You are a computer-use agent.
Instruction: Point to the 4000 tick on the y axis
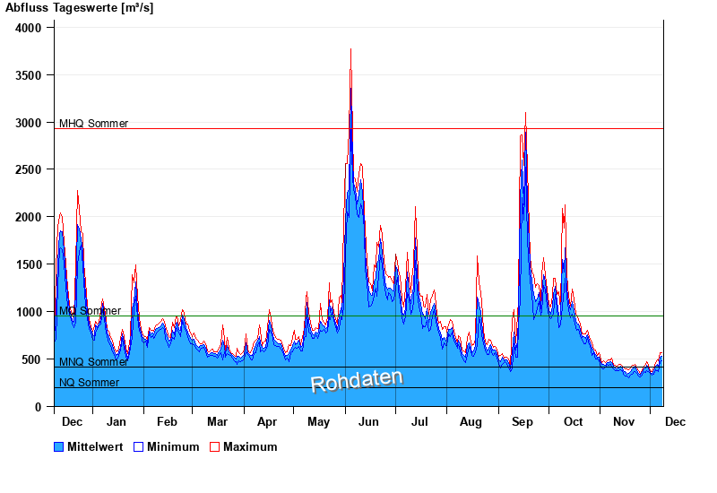[x=29, y=28]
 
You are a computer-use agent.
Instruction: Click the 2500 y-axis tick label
[x=29, y=169]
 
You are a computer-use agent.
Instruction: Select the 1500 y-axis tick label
[x=29, y=264]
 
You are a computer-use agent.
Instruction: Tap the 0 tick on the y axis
[x=39, y=407]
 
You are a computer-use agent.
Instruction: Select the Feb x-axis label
[x=167, y=421]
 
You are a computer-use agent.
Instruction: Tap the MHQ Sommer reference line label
[x=93, y=124]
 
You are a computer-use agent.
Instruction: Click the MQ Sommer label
[x=90, y=311]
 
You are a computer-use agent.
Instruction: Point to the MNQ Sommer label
[x=93, y=362]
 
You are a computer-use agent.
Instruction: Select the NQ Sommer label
[x=89, y=383]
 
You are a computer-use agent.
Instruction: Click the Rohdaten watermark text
[x=357, y=381]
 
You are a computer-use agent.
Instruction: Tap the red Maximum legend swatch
[x=214, y=446]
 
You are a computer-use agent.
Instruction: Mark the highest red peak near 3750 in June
[x=350, y=49]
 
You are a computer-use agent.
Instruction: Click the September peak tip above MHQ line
[x=525, y=113]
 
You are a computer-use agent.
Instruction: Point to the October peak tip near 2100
[x=565, y=206]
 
